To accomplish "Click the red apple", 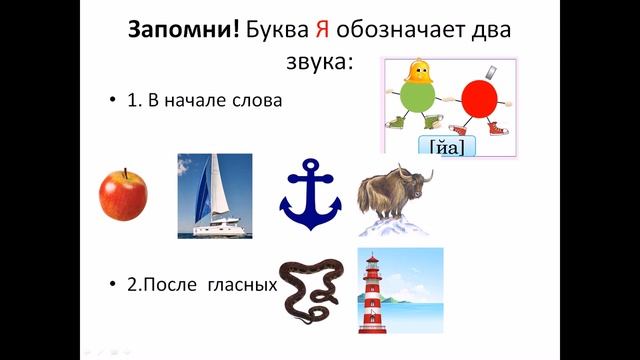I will pos(122,194).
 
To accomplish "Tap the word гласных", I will pos(241,285).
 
